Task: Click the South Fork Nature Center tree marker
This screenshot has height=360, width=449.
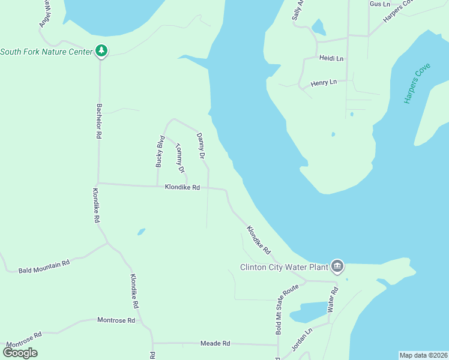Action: point(101,52)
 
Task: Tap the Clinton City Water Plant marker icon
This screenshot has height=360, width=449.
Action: point(337,266)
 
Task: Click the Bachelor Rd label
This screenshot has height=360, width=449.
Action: point(99,121)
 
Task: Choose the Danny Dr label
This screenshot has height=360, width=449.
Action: point(201,146)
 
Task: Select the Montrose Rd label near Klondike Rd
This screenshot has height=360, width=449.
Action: point(116,320)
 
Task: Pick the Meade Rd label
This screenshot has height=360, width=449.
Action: point(215,343)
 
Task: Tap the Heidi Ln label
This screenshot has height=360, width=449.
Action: point(331,58)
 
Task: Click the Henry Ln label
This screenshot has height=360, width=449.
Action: point(324,82)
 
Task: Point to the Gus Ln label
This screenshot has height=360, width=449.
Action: point(380,4)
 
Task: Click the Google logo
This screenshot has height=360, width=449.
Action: point(20,353)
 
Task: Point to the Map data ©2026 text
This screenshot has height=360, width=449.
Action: point(423,355)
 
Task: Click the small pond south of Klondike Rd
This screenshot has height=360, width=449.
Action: point(141,231)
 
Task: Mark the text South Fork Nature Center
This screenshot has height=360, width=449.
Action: point(46,52)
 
